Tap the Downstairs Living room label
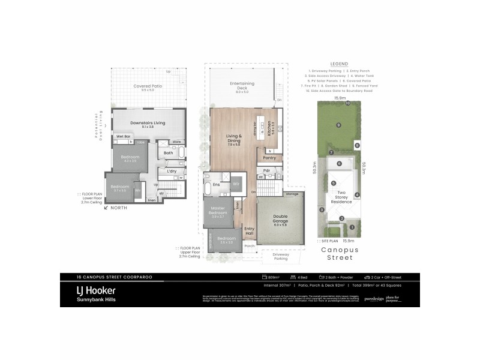148,123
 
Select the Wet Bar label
124,137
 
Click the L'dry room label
172,171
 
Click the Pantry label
269,158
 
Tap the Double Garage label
280,218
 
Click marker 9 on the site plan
338,125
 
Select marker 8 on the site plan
356,145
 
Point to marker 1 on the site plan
352,227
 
